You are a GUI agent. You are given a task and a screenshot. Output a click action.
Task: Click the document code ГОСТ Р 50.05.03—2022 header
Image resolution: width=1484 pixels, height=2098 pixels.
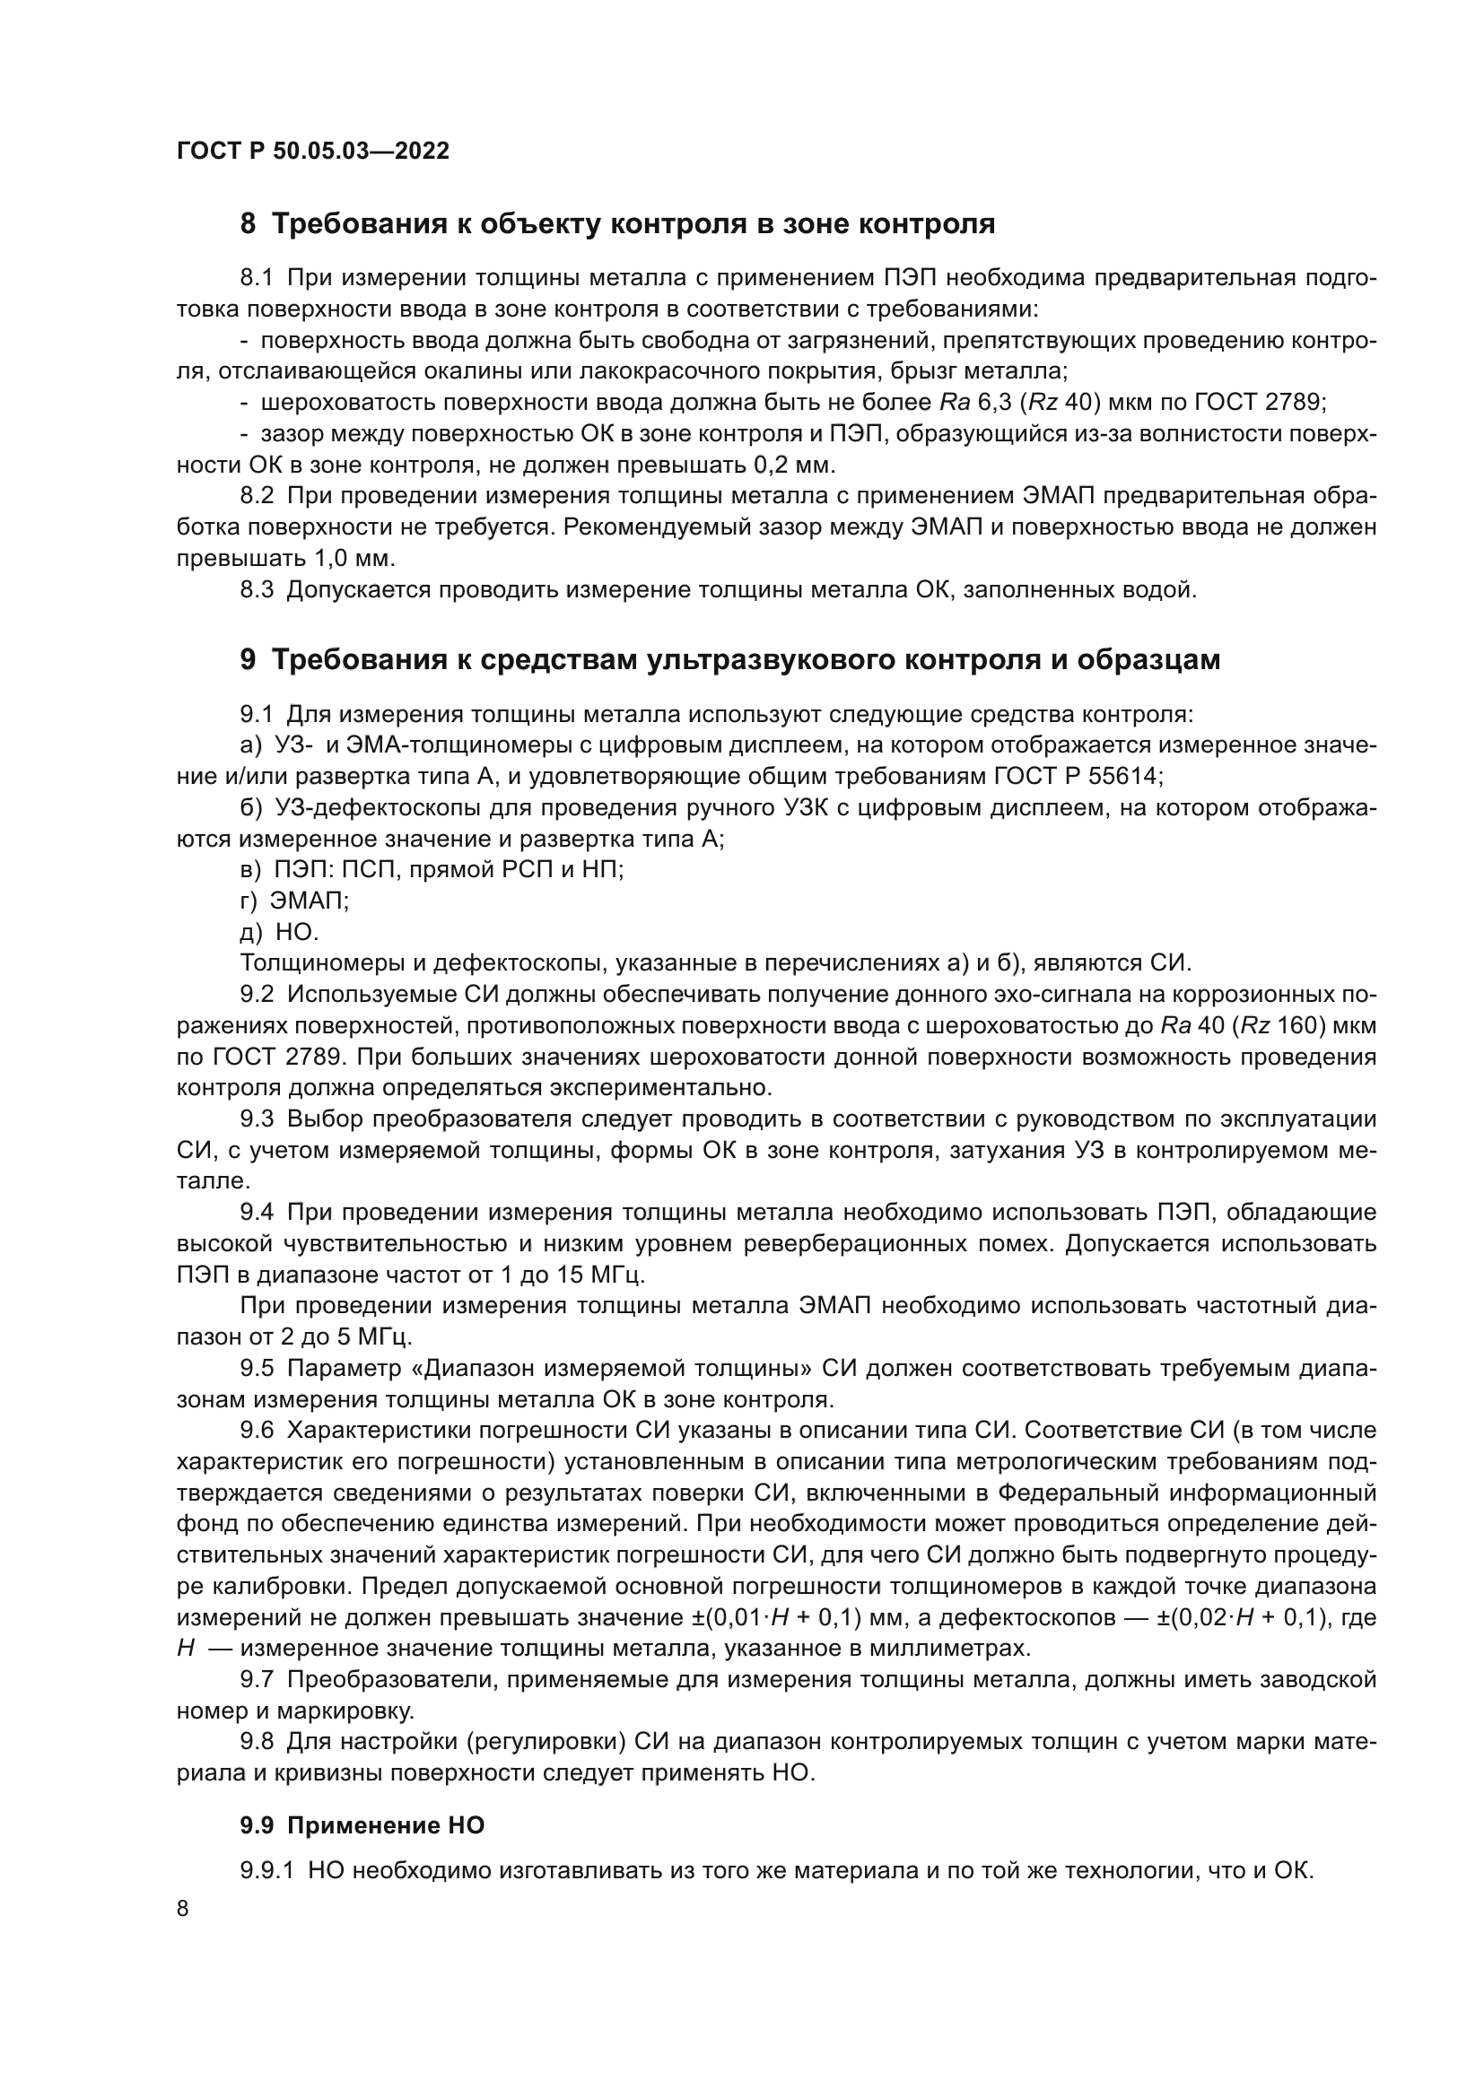coord(312,152)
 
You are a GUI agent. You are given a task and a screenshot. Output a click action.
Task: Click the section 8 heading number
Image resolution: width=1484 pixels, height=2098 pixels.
coord(248,224)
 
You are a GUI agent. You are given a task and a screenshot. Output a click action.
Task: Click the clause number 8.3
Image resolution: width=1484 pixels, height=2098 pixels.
coord(257,589)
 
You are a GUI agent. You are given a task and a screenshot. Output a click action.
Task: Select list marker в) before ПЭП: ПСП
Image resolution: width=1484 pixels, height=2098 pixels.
coord(249,870)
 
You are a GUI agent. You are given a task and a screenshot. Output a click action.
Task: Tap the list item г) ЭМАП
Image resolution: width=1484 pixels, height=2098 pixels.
coord(294,901)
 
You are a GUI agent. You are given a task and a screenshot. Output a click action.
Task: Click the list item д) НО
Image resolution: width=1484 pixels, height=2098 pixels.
coord(279,932)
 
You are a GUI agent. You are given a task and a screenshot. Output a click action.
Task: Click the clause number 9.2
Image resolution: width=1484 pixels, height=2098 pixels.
coord(257,994)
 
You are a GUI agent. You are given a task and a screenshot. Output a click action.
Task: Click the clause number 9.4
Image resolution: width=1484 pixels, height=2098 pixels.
coord(257,1213)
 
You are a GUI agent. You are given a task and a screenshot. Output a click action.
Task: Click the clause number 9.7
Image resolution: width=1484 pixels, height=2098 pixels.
coord(257,1679)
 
